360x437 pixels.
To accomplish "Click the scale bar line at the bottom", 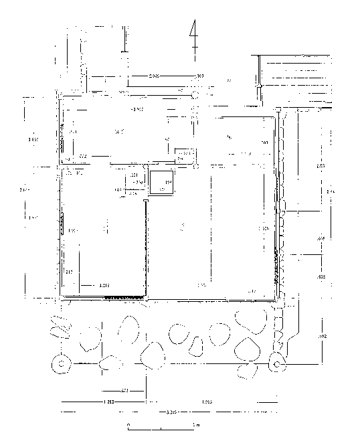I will click(x=161, y=426).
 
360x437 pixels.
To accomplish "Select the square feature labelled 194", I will click(x=161, y=182).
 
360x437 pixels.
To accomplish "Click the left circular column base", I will click(x=62, y=364).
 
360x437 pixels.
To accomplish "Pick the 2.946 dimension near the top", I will click(x=155, y=76).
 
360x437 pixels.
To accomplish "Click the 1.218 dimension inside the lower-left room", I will click(x=104, y=286).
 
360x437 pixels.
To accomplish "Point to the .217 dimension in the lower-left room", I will click(x=68, y=271).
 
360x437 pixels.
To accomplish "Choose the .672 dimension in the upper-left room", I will click(x=82, y=155).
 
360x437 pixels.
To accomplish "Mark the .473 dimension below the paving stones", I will click(x=124, y=390).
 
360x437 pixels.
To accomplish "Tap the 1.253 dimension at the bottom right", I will click(x=207, y=402).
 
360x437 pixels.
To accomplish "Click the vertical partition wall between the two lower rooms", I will click(x=146, y=248).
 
